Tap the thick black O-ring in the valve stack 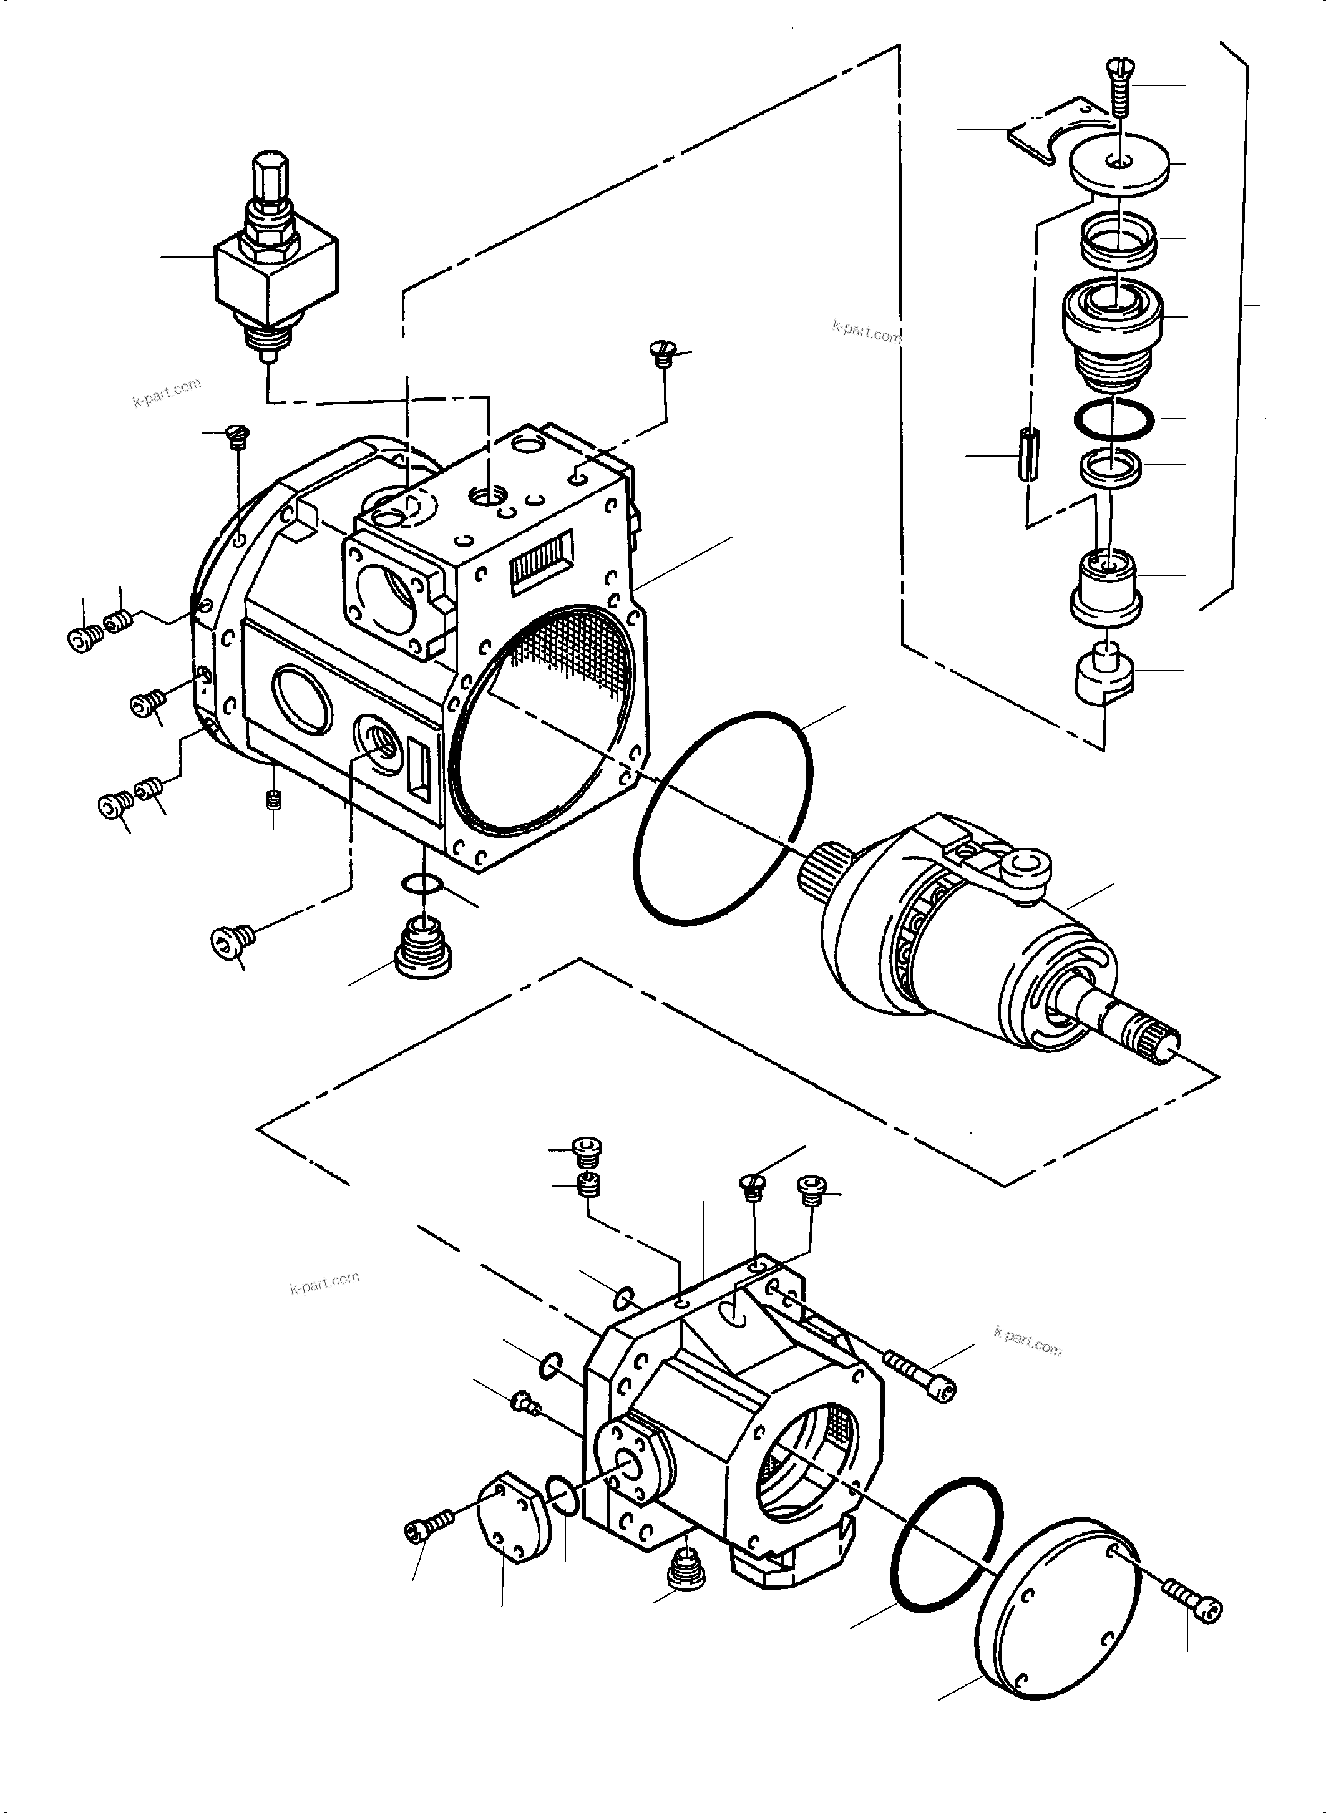pos(1113,419)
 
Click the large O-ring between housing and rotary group pos(723,819)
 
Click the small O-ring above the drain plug pos(421,883)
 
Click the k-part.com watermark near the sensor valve pos(167,392)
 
